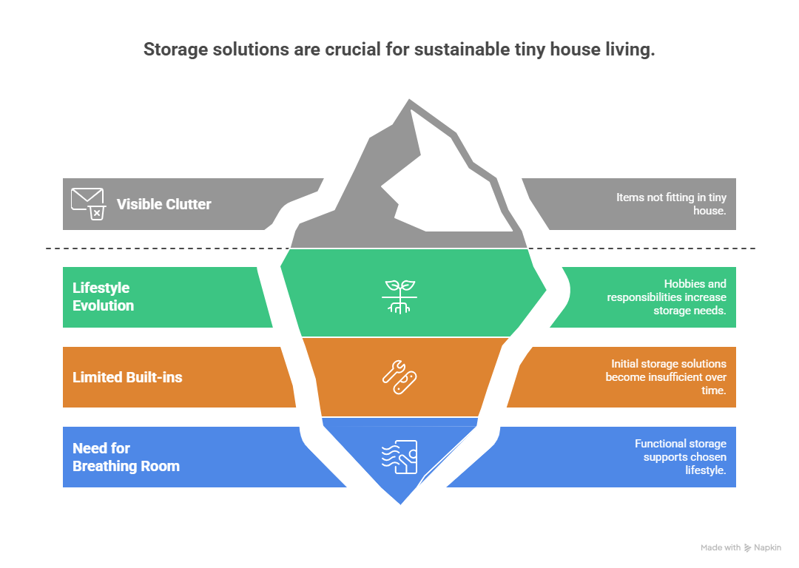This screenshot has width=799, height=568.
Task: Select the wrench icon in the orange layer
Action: pyautogui.click(x=399, y=376)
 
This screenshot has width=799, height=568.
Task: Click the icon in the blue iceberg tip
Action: pyautogui.click(x=399, y=457)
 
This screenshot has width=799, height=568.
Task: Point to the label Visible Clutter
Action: pyautogui.click(x=163, y=204)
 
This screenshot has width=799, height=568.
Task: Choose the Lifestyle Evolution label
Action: pyautogui.click(x=104, y=297)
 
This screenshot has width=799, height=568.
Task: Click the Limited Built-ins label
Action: pyautogui.click(x=127, y=377)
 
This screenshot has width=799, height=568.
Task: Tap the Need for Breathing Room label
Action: pyautogui.click(x=126, y=457)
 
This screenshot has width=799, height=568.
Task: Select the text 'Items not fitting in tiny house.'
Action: pyautogui.click(x=671, y=204)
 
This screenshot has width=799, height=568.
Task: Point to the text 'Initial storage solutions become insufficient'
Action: pyautogui.click(x=666, y=377)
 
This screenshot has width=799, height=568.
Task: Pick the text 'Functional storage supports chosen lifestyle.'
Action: pyautogui.click(x=680, y=457)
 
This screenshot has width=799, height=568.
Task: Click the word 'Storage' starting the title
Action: pyautogui.click(x=172, y=50)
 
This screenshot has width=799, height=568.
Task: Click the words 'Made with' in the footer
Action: pyautogui.click(x=720, y=548)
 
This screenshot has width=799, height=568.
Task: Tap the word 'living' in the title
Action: pyautogui.click(x=630, y=50)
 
